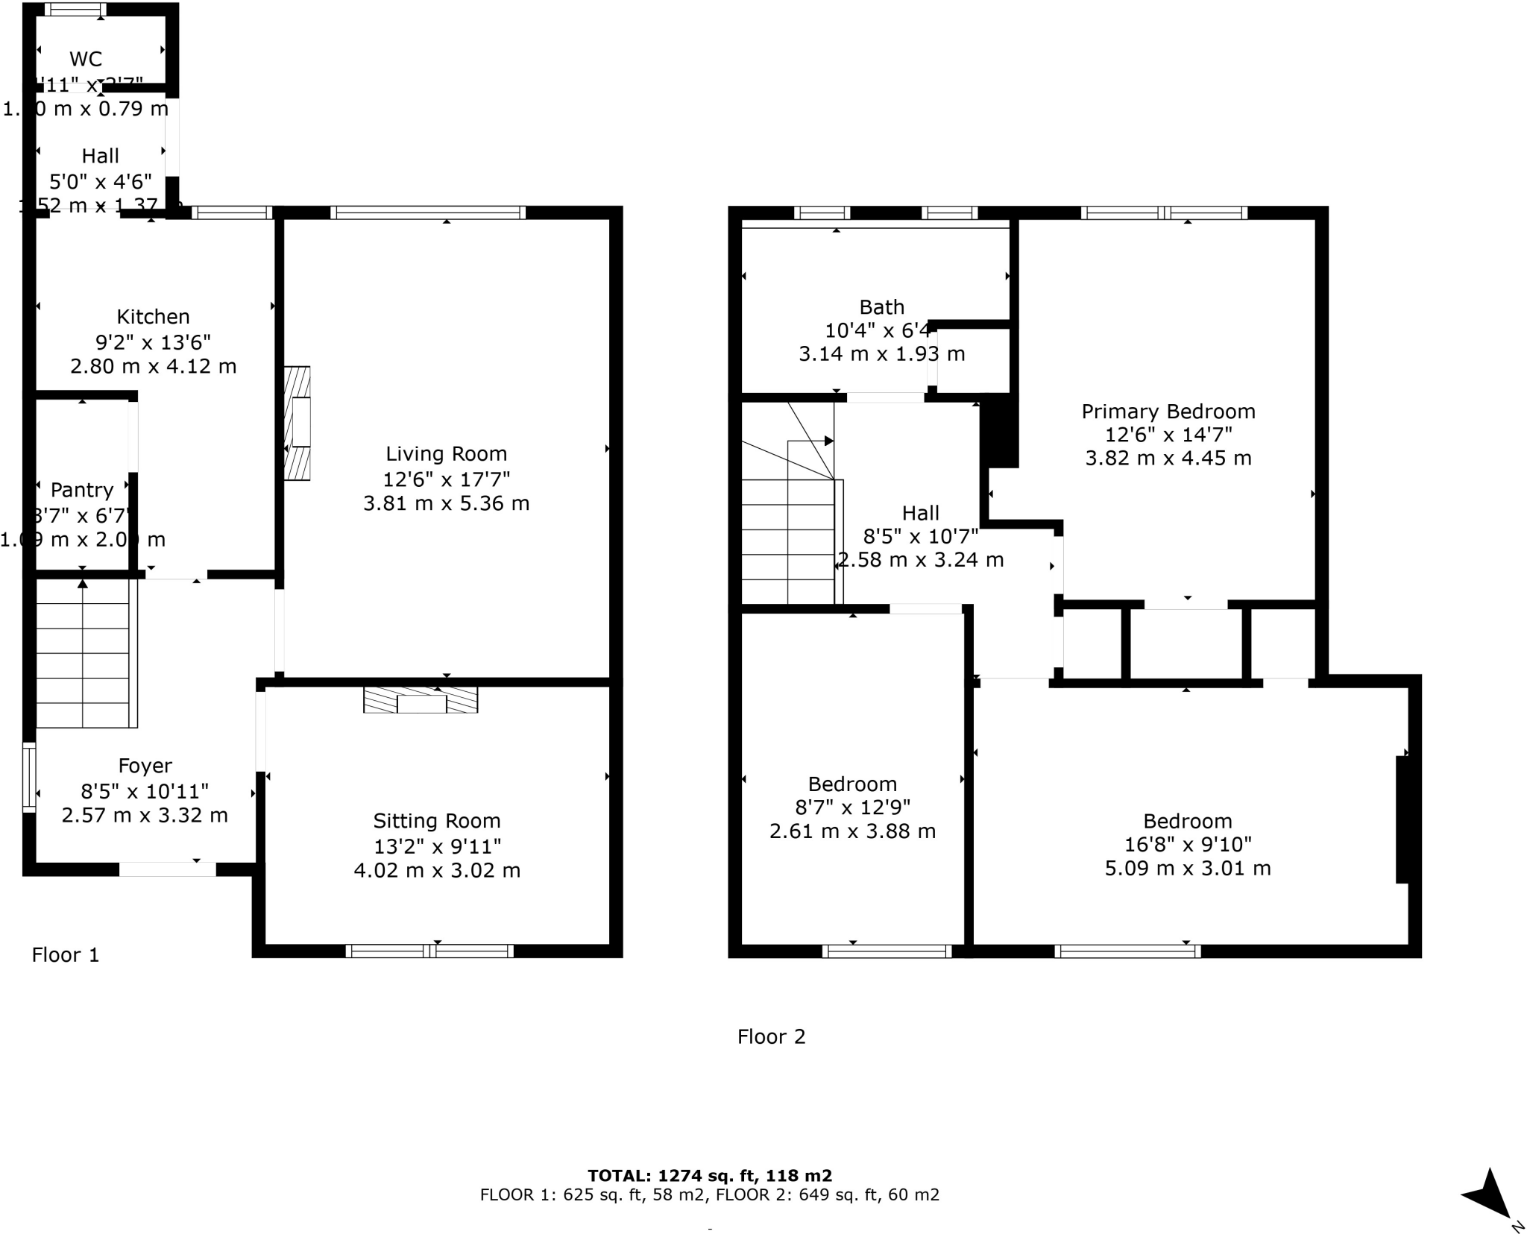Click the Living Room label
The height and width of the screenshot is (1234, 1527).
(446, 453)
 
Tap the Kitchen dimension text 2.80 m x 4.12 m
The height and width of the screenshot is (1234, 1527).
(153, 366)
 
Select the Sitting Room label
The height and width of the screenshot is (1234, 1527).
(436, 821)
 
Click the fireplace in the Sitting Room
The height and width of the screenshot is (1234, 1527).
(421, 700)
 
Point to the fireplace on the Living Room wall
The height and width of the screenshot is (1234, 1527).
(297, 423)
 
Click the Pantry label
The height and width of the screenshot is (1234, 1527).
(82, 490)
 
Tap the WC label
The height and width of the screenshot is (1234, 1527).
(86, 59)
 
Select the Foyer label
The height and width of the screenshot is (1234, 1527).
(145, 766)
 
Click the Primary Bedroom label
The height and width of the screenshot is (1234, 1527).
(1168, 412)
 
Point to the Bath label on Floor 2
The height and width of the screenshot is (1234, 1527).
(881, 307)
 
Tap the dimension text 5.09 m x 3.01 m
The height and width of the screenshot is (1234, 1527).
(1187, 868)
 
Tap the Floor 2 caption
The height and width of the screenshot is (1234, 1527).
(771, 1036)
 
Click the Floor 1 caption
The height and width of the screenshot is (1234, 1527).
(65, 954)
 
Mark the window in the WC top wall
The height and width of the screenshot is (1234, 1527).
(75, 10)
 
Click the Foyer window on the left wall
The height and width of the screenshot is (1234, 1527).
(29, 776)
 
